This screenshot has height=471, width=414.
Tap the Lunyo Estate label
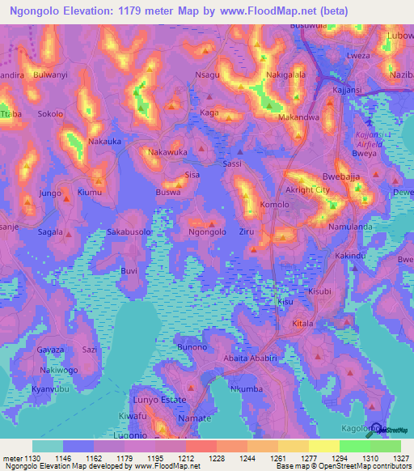(x=158, y=400)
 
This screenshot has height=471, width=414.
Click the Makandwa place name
(x=298, y=117)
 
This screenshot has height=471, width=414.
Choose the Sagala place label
(x=49, y=231)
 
